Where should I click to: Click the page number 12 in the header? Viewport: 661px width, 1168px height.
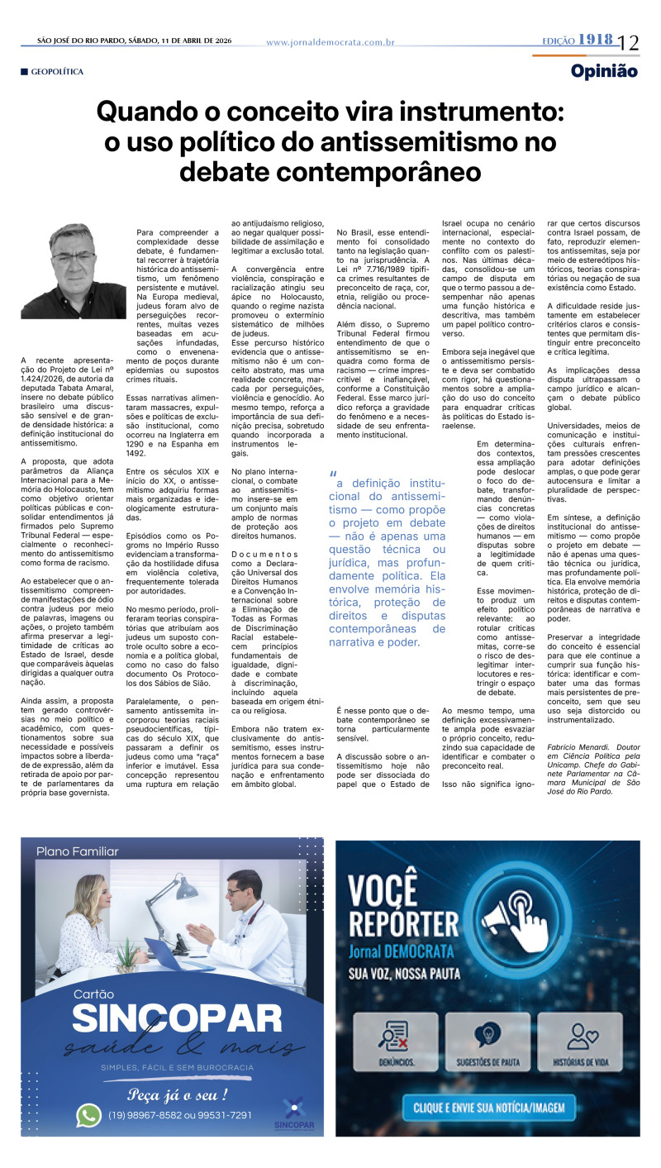click(x=628, y=41)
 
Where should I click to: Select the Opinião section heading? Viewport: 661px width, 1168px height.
click(x=604, y=71)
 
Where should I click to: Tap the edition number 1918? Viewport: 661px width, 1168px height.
click(x=595, y=40)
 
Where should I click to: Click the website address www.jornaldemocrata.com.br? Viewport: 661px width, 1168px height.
click(x=330, y=42)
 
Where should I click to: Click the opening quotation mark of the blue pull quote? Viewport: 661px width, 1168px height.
click(x=333, y=474)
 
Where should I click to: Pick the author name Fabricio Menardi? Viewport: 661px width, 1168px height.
click(x=582, y=746)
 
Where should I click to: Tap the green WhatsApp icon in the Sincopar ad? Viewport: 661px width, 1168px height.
click(x=88, y=1115)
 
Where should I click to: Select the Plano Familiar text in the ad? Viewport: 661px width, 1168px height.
click(x=78, y=851)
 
